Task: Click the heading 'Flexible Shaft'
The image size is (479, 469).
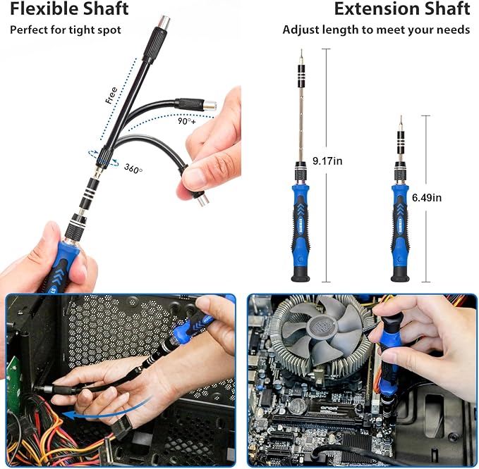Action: click(x=68, y=9)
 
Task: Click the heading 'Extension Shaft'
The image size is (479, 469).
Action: click(x=401, y=9)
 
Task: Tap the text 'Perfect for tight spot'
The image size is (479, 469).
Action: click(x=65, y=30)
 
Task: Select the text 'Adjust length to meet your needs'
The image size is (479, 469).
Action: click(x=376, y=30)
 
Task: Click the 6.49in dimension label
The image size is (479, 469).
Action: click(x=427, y=198)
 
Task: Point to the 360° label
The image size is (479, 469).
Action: click(x=133, y=168)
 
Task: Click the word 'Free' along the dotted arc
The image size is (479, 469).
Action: click(x=111, y=94)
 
